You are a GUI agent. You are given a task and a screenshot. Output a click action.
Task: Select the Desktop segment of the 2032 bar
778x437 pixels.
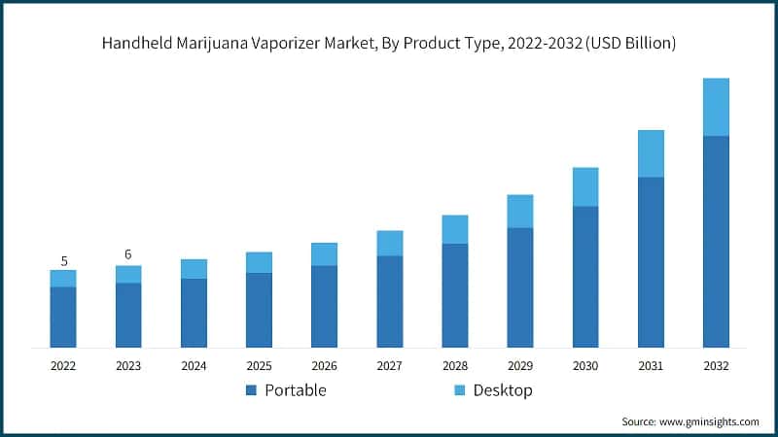click(716, 107)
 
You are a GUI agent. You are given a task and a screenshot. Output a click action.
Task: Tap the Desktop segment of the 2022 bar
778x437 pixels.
click(63, 279)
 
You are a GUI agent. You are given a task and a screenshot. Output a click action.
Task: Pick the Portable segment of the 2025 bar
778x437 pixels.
click(259, 310)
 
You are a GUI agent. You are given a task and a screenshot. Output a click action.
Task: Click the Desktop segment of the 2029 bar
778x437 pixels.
click(520, 211)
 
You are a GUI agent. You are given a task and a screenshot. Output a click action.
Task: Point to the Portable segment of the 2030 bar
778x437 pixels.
click(585, 277)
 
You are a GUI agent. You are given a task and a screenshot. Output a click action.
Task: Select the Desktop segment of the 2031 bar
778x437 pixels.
click(651, 153)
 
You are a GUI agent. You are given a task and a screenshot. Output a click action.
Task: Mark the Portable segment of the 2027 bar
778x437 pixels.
click(390, 301)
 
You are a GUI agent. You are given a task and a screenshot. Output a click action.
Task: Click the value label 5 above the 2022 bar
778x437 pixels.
click(63, 260)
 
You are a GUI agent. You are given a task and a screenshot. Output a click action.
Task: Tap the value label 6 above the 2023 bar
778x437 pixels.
click(128, 254)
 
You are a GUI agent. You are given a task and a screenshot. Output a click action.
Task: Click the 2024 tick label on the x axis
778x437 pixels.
click(194, 366)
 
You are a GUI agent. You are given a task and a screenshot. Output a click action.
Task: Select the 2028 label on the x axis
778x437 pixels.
click(455, 366)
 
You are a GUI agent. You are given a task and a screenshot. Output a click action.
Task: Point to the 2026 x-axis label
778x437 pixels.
click(324, 366)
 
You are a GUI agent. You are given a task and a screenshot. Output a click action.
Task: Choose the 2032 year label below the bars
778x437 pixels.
click(716, 366)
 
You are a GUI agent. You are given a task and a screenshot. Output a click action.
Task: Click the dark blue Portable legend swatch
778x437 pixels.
click(251, 390)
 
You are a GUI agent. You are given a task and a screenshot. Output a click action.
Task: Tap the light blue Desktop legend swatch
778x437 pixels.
click(459, 390)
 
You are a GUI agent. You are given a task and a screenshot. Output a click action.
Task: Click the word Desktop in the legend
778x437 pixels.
click(503, 390)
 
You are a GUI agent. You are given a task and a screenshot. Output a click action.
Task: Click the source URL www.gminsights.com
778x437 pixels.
click(711, 421)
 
